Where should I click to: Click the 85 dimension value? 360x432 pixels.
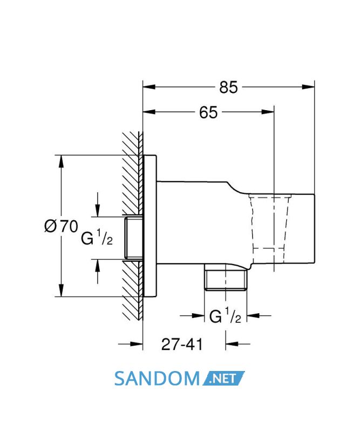pos(228,87)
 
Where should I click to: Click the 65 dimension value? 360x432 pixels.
pos(208,112)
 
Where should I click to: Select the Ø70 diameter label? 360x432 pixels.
pos(61,226)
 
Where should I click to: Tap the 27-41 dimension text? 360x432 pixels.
pos(182,345)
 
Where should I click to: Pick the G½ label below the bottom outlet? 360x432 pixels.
pos(225,316)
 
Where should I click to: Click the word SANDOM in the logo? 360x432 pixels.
pos(157,379)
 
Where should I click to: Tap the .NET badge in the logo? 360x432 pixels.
pos(223,379)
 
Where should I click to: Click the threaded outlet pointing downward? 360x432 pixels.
pos(225,280)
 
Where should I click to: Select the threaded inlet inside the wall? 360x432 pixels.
pos(133,238)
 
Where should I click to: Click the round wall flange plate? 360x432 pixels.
pos(151,226)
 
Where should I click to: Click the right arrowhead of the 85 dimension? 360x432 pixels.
pos(308,87)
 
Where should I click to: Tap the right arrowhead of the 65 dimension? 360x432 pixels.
pos(268,112)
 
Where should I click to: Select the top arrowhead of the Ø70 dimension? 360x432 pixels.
pos(61,161)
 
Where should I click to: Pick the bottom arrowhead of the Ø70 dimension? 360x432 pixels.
pos(61,290)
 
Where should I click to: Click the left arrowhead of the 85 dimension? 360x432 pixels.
pos(150,87)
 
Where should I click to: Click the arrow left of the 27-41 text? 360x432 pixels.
pos(131,344)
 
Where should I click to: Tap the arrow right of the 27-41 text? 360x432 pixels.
pos(237,344)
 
